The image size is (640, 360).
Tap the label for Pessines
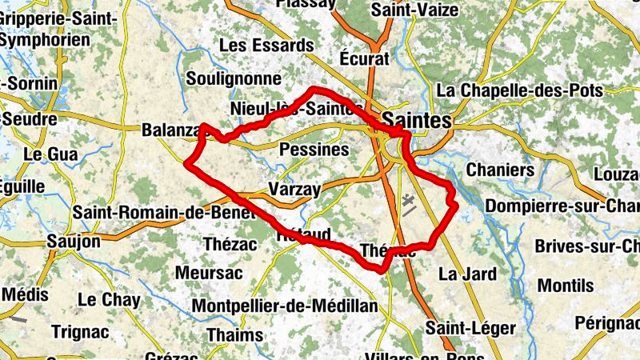pyautogui.click(x=314, y=150)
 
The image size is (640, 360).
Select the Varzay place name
pyautogui.click(x=294, y=190)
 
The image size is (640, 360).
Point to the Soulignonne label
pyautogui.click(x=234, y=79)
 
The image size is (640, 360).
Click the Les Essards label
pyautogui.click(x=255, y=46)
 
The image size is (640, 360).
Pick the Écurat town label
pyautogui.click(x=364, y=58)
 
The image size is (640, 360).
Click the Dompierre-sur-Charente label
pyautogui.click(x=564, y=206)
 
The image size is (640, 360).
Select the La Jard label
pyautogui.click(x=467, y=274)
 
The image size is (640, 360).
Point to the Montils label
pyautogui.click(x=566, y=286)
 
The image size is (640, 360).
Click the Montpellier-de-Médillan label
pyautogui.click(x=285, y=306)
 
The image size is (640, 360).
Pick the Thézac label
pyautogui.click(x=230, y=243)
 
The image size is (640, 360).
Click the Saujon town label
pyautogui.click(x=74, y=241)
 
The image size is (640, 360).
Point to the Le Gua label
pyautogui.click(x=51, y=153)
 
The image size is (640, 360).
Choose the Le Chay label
pyautogui.click(x=109, y=301)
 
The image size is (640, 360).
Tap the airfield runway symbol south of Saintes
pyautogui.click(x=409, y=206)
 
